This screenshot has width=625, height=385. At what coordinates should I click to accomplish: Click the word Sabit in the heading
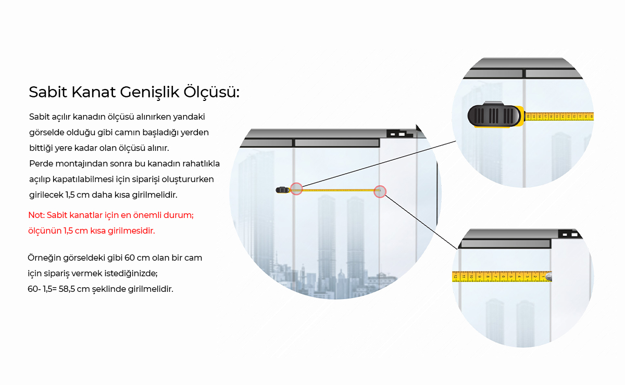point(47,93)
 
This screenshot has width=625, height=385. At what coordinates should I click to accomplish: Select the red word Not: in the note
point(36,215)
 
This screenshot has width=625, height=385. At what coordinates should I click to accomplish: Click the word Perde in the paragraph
point(40,163)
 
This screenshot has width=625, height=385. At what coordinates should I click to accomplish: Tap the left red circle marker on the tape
point(296,189)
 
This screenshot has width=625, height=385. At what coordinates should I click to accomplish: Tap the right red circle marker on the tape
point(380,191)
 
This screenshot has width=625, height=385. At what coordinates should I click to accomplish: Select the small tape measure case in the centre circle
point(283,190)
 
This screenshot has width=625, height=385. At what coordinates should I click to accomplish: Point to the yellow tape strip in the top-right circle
point(559,117)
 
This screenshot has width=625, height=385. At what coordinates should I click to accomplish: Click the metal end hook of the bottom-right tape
point(548,277)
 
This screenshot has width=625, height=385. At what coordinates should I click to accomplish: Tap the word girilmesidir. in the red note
point(132,230)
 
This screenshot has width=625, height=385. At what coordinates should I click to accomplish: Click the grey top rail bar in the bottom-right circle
point(505,243)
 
